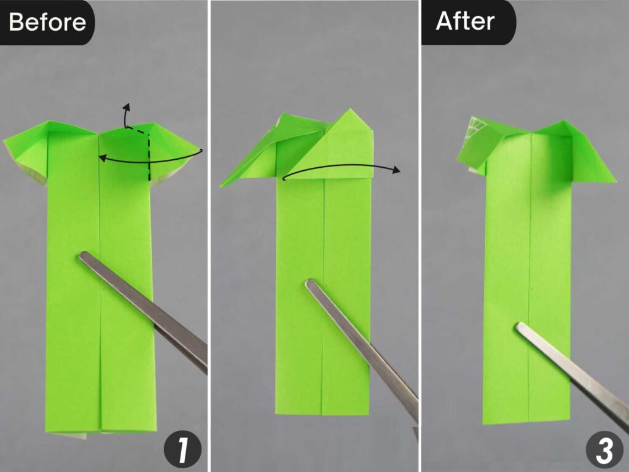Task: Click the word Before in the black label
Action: [47, 22]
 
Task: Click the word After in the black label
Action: [465, 21]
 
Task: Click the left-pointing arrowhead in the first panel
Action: [102, 158]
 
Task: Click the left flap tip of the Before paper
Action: [6, 142]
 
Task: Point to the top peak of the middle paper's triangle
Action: [352, 111]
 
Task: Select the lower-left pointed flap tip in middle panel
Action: [222, 185]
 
